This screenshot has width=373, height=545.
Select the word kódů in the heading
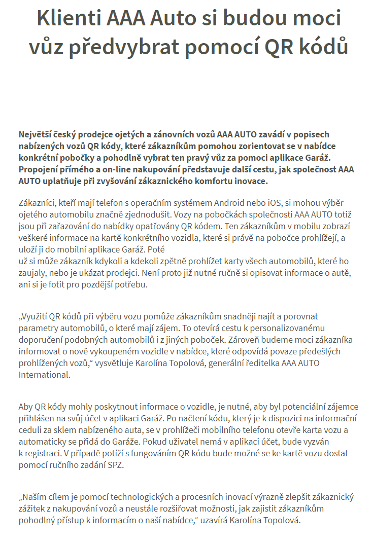tap(324, 47)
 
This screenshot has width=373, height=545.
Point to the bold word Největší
tap(38, 135)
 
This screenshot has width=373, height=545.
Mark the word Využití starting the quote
tap(34, 317)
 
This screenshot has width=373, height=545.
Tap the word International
tap(44, 375)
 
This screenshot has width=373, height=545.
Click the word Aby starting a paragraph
tap(25, 407)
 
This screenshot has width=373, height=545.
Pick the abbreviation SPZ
tap(115, 465)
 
